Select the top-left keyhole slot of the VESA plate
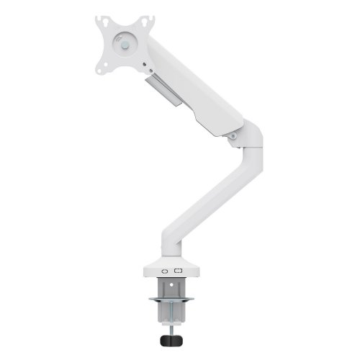point(103,21)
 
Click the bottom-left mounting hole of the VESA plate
point(103,68)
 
